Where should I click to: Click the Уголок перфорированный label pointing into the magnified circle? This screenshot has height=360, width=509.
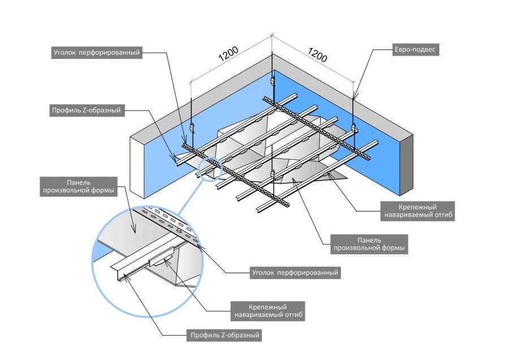pos(295,272)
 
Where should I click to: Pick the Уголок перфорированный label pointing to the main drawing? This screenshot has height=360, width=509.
pos(96,53)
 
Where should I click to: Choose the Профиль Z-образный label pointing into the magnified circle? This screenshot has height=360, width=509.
pos(225,336)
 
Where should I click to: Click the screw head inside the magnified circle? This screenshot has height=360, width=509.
pos(179,231)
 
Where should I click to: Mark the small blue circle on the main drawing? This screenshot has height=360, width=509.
pos(209,168)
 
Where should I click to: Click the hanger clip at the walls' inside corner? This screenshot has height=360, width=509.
pos(274,81)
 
